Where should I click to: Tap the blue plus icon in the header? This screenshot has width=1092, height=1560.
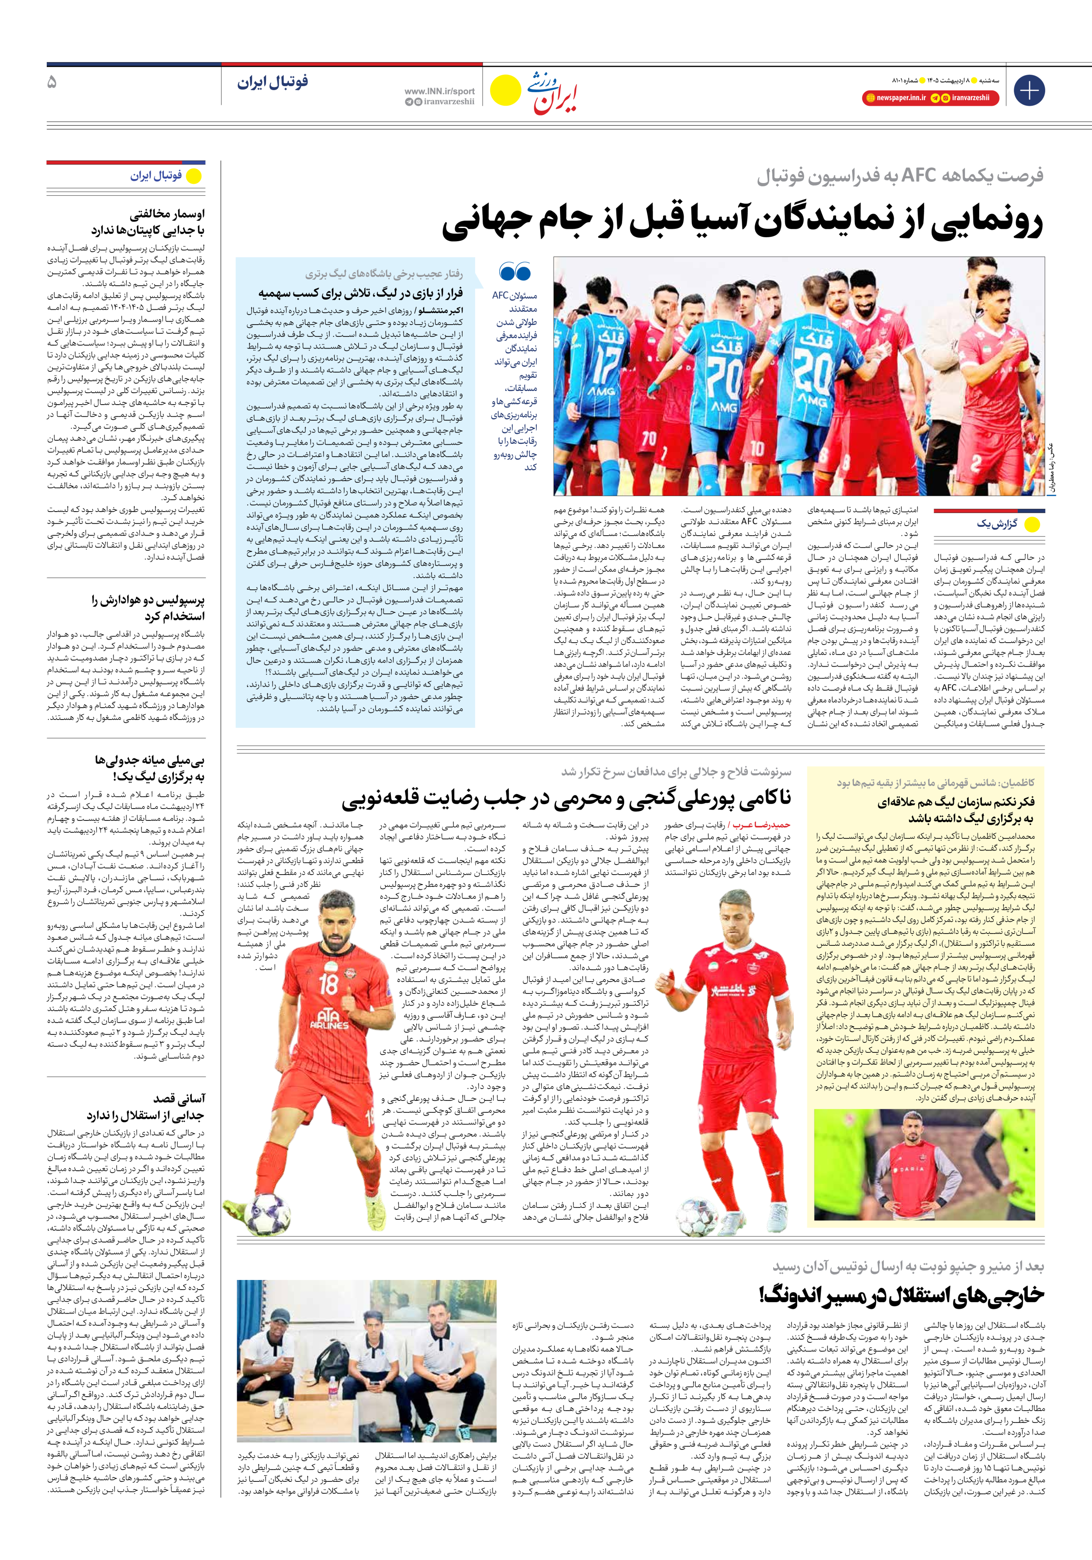(1029, 90)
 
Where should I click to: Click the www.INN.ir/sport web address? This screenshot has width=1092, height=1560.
(439, 91)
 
